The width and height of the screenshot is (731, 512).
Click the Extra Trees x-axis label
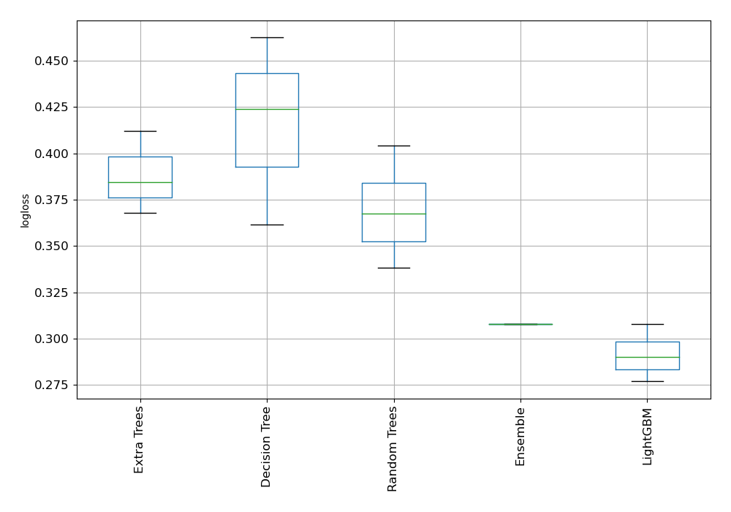(139, 439)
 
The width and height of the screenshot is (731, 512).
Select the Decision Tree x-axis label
(266, 447)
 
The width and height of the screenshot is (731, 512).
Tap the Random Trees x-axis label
(393, 448)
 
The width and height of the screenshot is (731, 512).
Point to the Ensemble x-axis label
(520, 437)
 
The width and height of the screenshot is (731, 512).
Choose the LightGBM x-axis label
(647, 437)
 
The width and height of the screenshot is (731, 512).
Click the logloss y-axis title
(26, 211)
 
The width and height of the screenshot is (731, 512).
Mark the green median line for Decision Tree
(267, 109)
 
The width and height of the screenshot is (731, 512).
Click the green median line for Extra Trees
(140, 182)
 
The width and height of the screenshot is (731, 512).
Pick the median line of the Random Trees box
(393, 214)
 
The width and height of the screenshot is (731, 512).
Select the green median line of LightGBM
(647, 357)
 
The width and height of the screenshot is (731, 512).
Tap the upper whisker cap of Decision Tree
(267, 37)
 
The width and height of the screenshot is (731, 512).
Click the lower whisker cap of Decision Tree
(267, 225)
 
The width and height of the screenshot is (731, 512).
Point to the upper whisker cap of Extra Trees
(140, 131)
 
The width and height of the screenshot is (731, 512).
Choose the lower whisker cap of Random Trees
(393, 268)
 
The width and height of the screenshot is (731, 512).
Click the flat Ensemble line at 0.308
(520, 324)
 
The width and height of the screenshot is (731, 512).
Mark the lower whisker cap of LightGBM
(647, 381)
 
